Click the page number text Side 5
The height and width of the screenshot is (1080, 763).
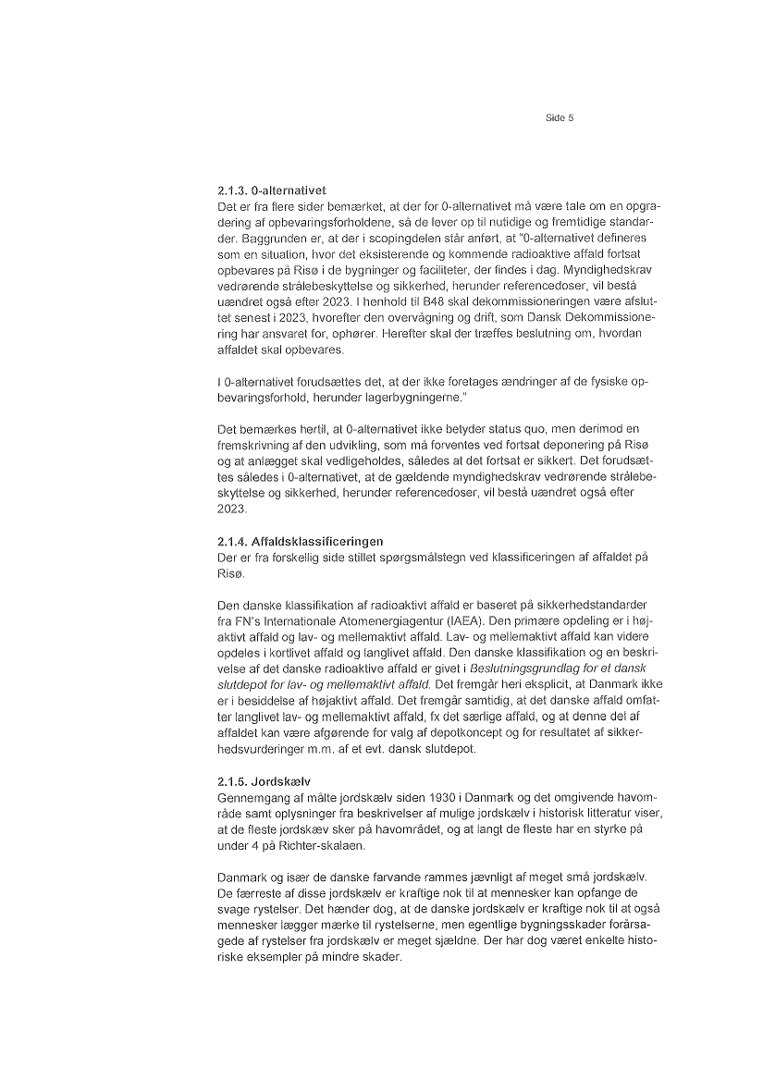pos(559,118)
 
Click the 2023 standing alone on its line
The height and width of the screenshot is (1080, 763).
pos(231,510)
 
